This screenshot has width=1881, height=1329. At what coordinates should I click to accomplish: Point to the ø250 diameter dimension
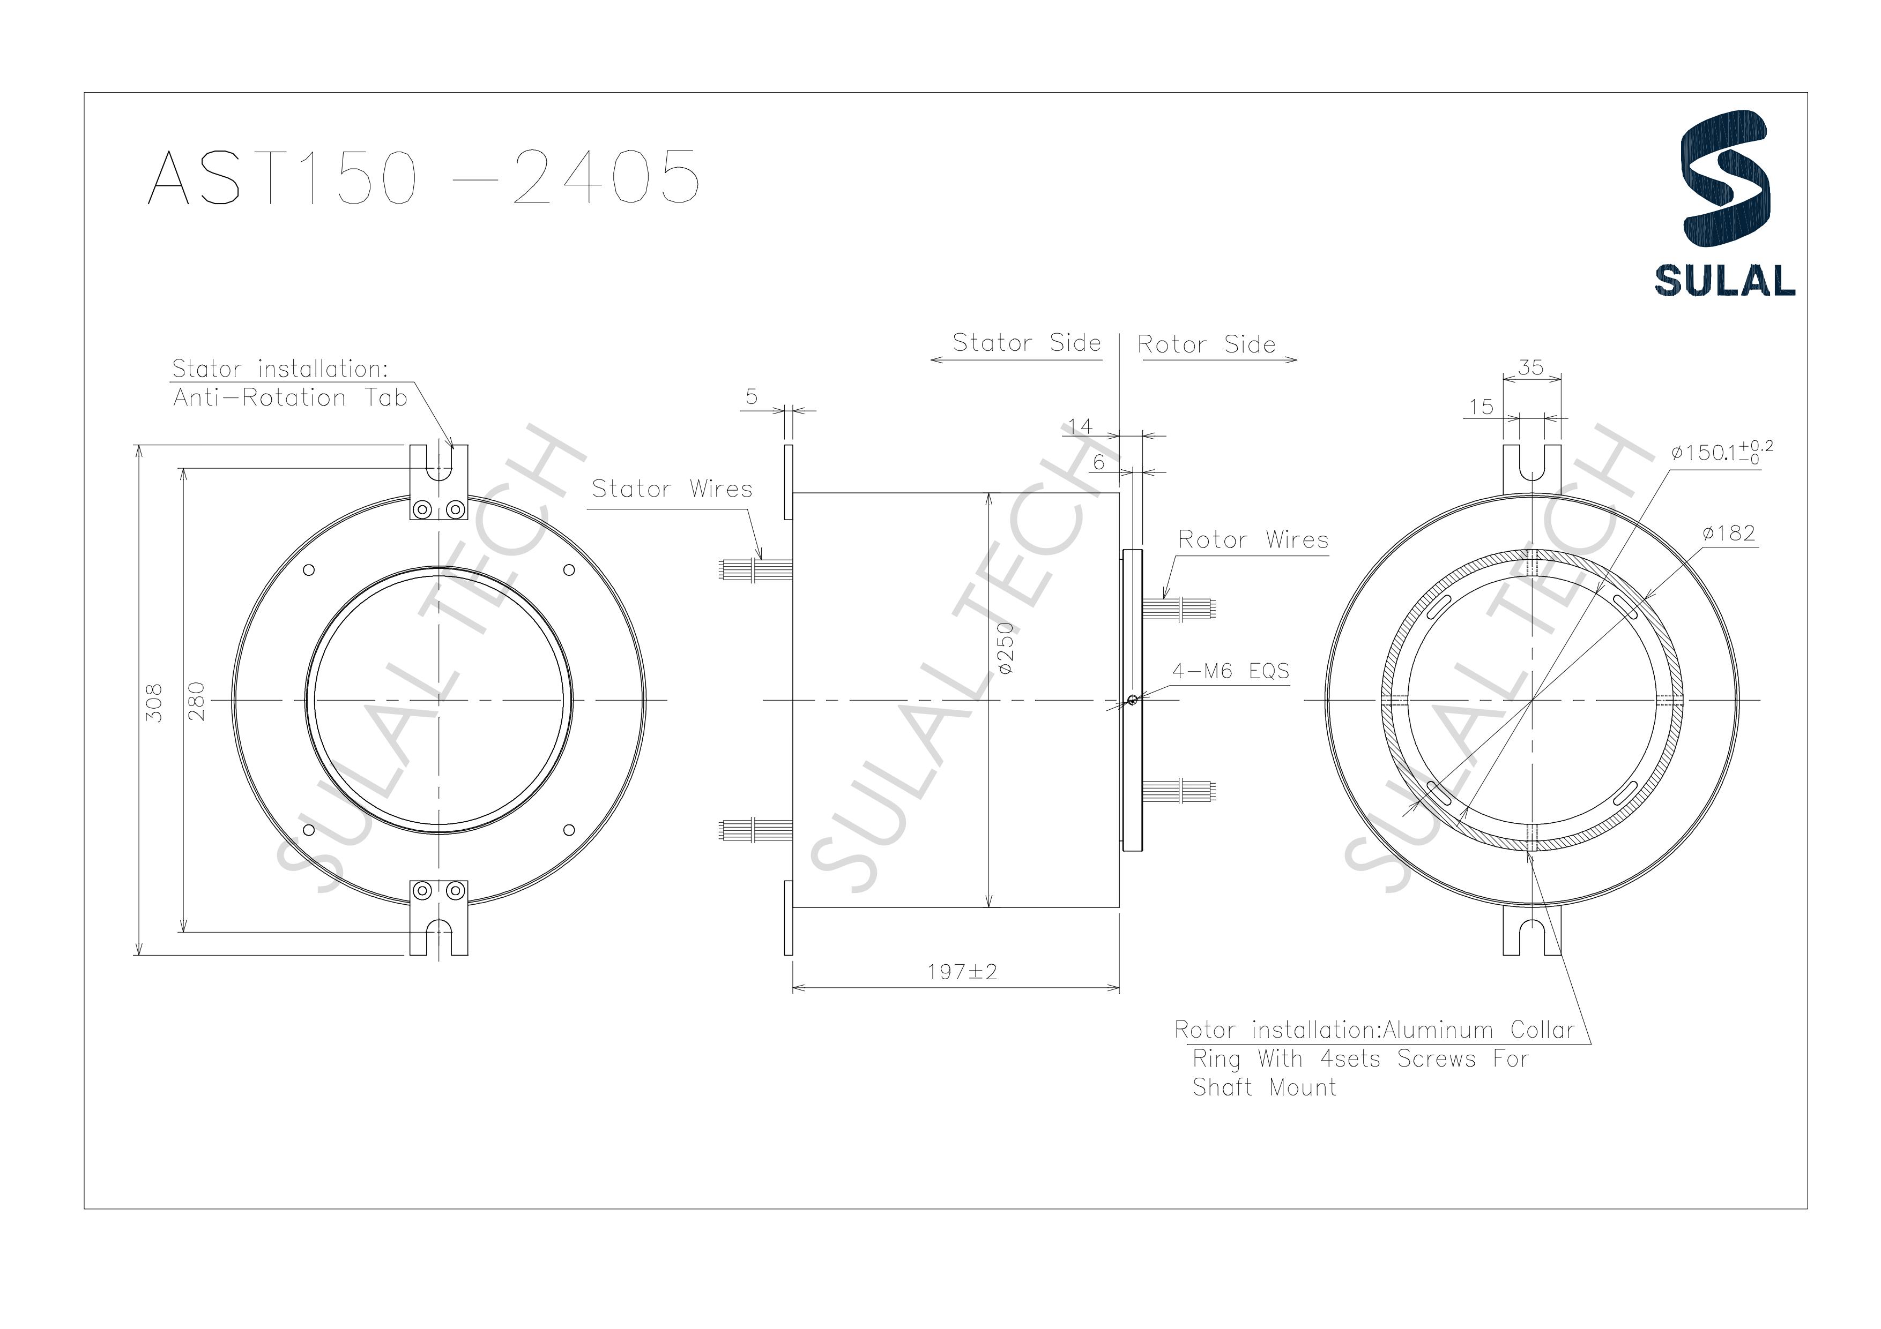click(x=1006, y=649)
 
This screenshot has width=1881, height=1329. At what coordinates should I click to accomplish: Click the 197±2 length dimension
click(x=962, y=972)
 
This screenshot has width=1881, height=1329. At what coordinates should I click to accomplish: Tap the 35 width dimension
click(x=1530, y=367)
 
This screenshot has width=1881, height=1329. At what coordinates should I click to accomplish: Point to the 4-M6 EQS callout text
click(x=1231, y=671)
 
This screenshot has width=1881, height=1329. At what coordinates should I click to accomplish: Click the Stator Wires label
click(x=672, y=489)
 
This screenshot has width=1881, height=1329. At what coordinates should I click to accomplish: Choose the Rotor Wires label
click(x=1253, y=539)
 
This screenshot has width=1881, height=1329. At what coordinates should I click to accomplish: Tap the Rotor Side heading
click(x=1206, y=345)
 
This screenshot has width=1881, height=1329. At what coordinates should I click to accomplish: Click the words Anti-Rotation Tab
click(x=290, y=398)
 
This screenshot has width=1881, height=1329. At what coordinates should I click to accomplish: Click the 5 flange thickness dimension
click(x=751, y=397)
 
